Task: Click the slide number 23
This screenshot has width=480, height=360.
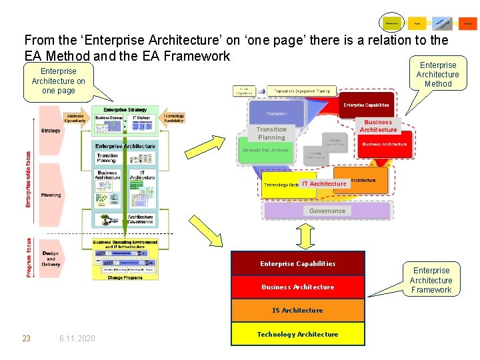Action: point(27,339)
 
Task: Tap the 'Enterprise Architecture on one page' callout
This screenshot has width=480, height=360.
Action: point(59,81)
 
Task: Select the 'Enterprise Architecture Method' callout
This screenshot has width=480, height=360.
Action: point(437,75)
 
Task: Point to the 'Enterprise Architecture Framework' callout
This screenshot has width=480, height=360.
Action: point(431,280)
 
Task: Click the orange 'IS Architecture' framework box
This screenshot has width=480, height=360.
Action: point(297,311)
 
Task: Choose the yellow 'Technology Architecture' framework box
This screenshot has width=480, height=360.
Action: point(297,334)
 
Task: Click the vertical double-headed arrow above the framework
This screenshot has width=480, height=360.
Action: point(305,235)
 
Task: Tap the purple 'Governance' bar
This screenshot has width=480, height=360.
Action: point(327,211)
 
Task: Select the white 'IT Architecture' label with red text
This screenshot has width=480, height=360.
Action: point(324,184)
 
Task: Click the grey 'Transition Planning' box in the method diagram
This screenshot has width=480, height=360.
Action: point(271,133)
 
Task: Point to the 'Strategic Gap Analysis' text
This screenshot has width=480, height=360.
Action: point(266,151)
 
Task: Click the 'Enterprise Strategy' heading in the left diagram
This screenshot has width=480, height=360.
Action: point(125,110)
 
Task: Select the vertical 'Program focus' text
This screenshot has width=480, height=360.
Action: point(29,257)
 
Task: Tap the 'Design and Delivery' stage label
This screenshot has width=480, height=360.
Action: point(51,259)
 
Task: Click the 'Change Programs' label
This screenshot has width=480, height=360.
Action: point(125,277)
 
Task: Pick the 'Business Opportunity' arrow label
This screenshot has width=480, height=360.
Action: point(75,118)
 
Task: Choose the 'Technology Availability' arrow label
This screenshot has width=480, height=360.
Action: point(173,118)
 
